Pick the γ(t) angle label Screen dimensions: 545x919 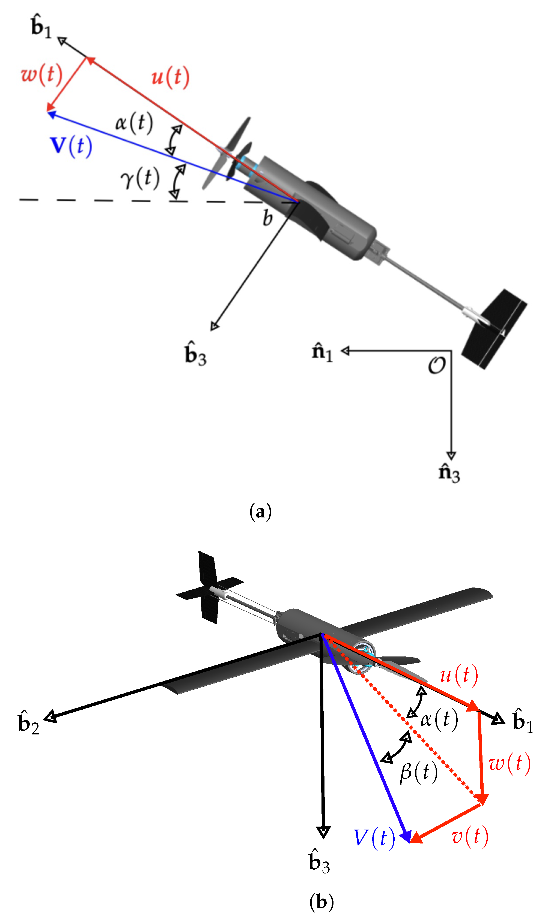tap(140, 178)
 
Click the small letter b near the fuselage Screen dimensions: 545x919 tap(268, 218)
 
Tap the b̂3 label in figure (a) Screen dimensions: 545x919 tap(195, 353)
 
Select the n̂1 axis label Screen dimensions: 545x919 tap(322, 352)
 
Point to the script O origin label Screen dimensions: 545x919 tap(437, 365)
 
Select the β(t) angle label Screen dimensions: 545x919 tap(419, 772)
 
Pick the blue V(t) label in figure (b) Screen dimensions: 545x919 tap(374, 839)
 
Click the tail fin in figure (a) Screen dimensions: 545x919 tap(494, 329)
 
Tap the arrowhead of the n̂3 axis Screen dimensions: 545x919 tap(451, 455)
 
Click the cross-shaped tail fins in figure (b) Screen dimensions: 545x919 tap(209, 588)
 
